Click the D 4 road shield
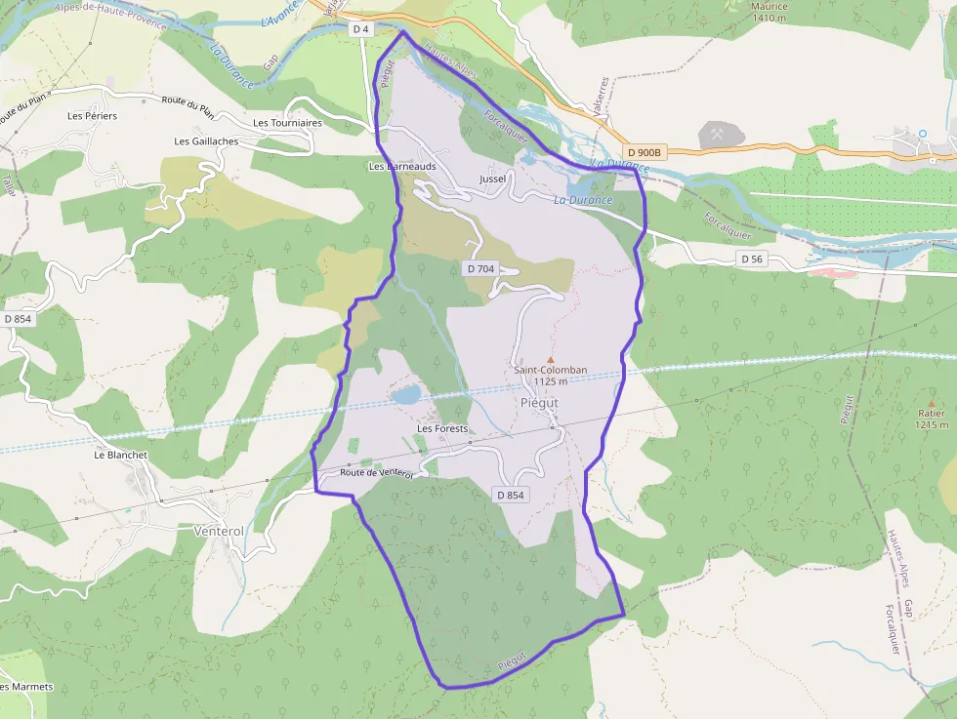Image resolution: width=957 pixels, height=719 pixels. coord(360,29)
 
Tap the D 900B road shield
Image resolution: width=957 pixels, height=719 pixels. coord(645,152)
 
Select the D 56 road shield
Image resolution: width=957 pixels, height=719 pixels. coord(751,259)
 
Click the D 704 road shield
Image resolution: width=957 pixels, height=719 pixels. coord(481,268)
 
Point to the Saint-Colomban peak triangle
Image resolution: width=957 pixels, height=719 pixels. coord(550,359)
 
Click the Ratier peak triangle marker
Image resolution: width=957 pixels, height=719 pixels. coord(931,402)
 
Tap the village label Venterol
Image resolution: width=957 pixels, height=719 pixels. coord(219,531)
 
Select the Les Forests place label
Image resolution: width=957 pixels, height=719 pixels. coord(442,428)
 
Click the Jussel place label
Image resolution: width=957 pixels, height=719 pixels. coord(494,180)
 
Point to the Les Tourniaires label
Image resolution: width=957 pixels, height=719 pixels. coord(287,123)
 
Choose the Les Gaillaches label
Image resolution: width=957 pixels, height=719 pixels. coord(206,141)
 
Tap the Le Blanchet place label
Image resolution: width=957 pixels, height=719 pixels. coord(120,455)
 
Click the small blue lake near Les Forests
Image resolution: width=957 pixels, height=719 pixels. coord(406,394)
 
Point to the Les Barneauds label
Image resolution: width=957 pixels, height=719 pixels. coord(401,166)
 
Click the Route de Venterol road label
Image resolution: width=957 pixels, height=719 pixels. coord(377,473)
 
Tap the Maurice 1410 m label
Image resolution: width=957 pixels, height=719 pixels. coord(769,12)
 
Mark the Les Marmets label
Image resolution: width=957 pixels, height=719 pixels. coord(26,687)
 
